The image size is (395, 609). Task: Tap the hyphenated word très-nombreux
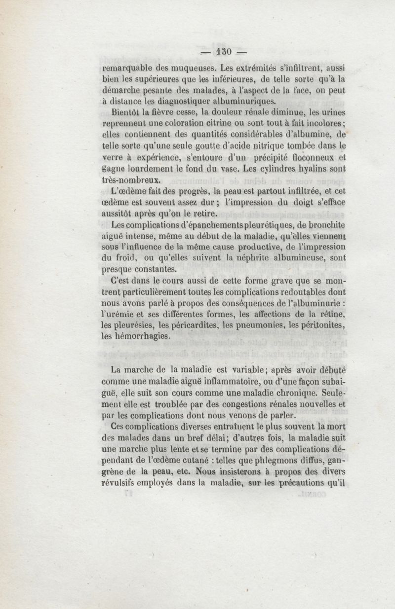click(x=129, y=182)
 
